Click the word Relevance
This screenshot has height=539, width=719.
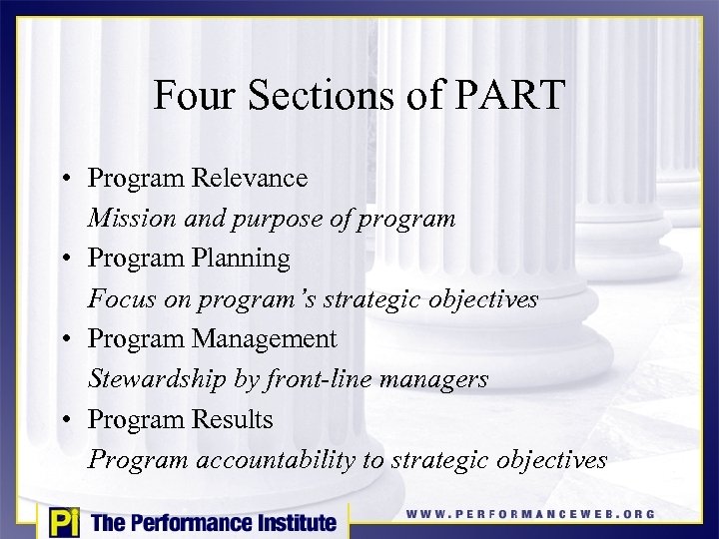(x=256, y=178)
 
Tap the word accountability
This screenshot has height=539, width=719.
(x=290, y=460)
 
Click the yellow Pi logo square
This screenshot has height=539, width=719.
(x=64, y=522)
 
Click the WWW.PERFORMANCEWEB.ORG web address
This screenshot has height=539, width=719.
(x=530, y=514)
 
